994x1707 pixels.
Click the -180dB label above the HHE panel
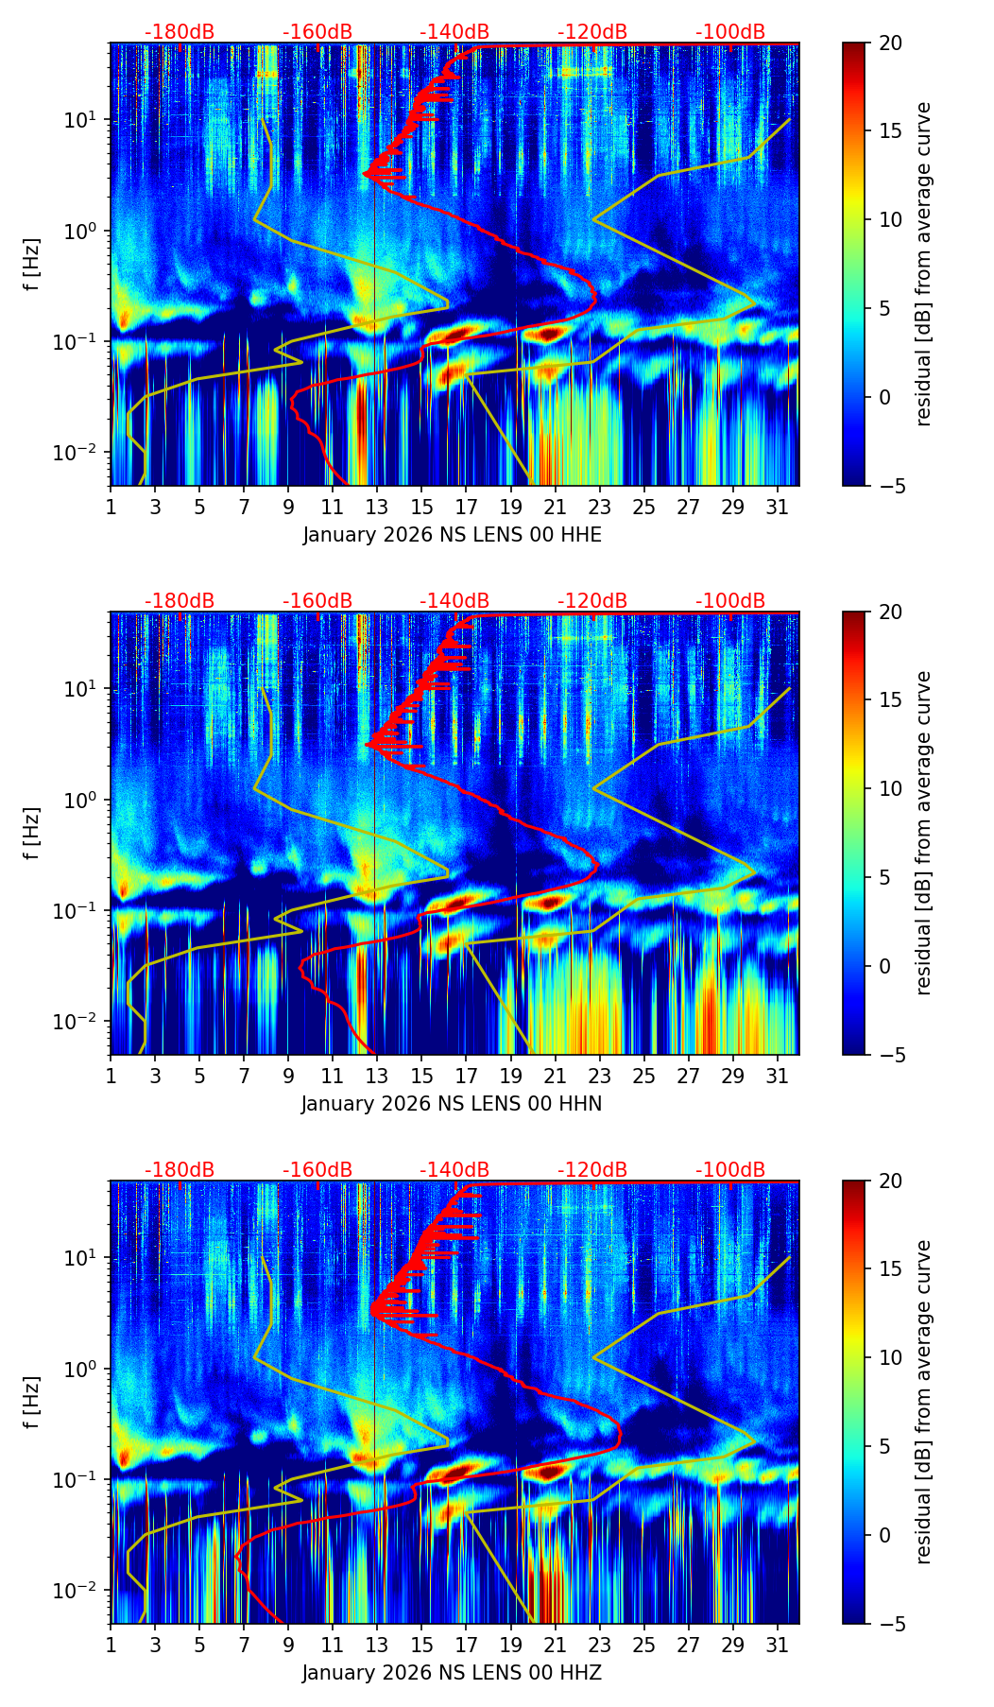point(180,32)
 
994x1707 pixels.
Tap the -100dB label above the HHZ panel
point(730,1170)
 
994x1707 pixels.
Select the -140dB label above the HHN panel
point(454,601)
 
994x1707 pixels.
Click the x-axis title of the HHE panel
point(452,535)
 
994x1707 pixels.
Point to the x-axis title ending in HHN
point(452,1104)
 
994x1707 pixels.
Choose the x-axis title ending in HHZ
point(452,1673)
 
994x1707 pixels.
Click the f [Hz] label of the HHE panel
point(32,265)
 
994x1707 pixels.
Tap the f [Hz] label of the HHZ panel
point(32,1403)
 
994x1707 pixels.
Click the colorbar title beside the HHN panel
point(924,833)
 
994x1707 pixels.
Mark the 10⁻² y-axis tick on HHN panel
point(83,1022)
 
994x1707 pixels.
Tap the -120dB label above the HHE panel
point(592,32)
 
